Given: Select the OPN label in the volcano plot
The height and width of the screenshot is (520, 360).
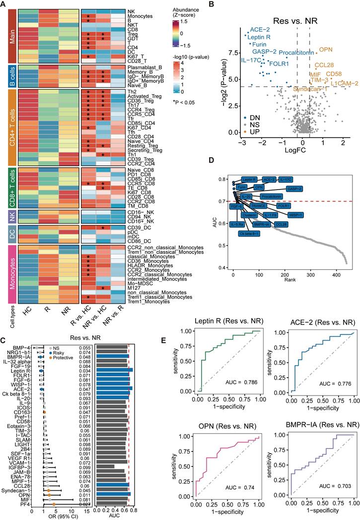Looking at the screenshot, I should pos(325,50).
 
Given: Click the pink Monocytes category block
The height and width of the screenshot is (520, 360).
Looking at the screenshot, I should pos(10,272).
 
